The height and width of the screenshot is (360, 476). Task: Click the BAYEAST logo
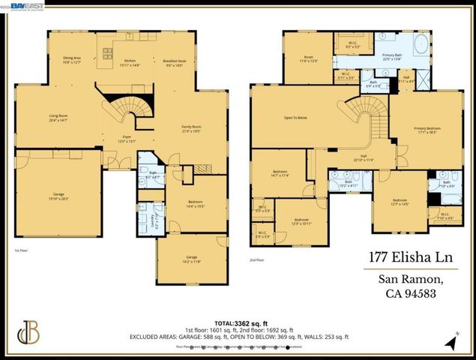click(x=26, y=5)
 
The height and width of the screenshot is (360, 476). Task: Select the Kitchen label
click(x=129, y=62)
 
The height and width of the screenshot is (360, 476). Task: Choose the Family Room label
click(x=193, y=129)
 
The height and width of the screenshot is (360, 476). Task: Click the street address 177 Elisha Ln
click(x=405, y=257)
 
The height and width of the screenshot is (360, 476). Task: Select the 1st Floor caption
click(x=22, y=251)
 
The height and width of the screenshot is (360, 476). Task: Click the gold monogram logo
click(x=28, y=333)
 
